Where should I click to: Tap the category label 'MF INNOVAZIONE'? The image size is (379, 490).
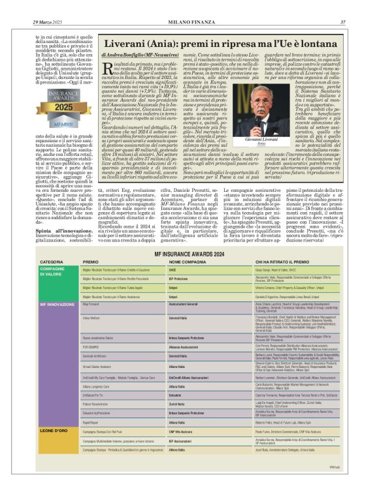tap(58, 304)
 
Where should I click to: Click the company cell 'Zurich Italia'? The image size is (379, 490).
tap(179, 404)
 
